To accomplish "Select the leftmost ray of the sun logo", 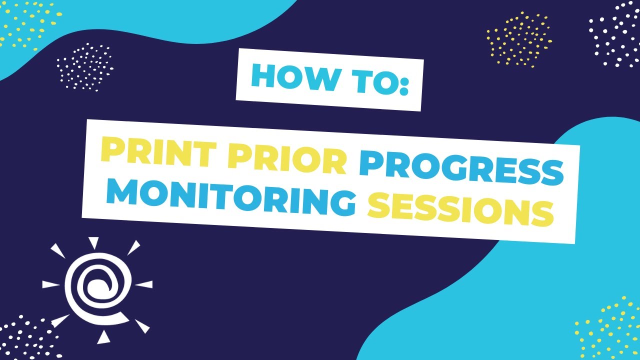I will (50, 284).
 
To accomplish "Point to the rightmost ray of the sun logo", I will (144, 284).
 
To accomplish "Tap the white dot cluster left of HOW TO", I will (84, 67).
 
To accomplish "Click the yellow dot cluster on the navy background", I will (519, 39).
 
